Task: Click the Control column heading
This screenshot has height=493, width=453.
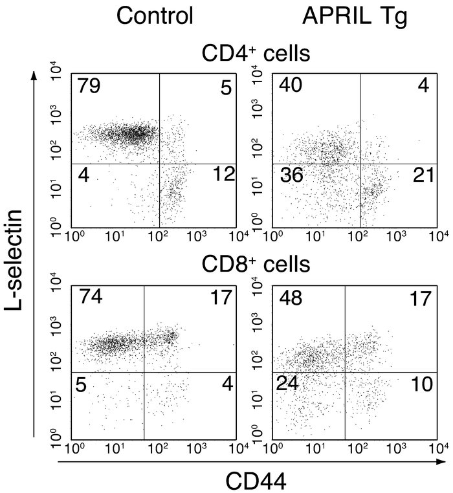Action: point(155,16)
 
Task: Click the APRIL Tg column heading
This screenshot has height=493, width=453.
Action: point(355,16)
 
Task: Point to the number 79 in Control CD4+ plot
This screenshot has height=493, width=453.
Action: point(90,85)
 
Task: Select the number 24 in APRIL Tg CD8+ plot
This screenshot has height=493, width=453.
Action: point(289,384)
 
